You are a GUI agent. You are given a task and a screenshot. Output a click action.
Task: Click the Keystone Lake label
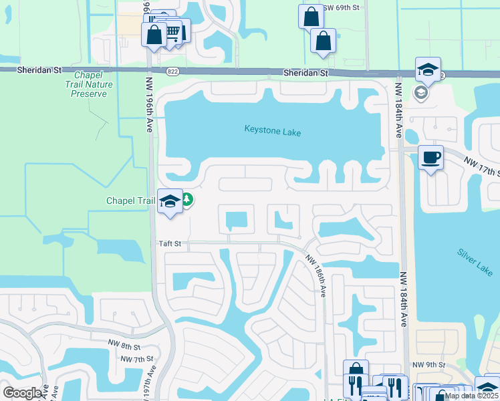pos(272,132)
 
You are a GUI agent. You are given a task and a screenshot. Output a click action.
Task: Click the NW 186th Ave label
pos(316,275)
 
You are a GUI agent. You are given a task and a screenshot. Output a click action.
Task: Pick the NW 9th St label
pos(428,364)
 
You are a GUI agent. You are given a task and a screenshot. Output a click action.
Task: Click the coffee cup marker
pos(430,158)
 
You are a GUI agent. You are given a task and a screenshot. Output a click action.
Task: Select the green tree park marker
pos(188,200)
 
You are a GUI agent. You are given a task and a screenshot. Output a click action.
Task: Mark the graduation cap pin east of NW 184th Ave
pos(428,69)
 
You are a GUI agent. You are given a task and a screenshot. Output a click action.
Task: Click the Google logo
pos(23,393)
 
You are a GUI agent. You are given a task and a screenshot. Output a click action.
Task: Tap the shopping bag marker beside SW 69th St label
pos(311,17)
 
